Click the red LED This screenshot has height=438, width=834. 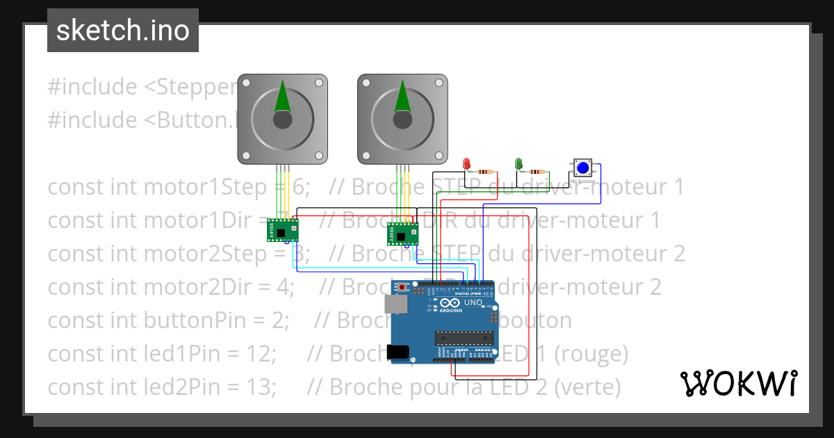[x=467, y=163]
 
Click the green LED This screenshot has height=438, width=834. [x=518, y=163]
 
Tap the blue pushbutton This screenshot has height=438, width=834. [x=583, y=168]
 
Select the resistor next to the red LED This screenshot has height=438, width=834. [x=485, y=171]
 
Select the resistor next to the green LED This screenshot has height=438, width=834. [x=537, y=171]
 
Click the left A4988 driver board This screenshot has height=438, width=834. [x=283, y=229]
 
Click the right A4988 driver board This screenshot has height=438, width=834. [x=402, y=234]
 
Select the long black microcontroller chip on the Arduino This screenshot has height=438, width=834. [x=464, y=339]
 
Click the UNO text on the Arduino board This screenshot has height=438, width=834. [x=473, y=303]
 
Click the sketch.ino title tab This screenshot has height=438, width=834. [x=123, y=31]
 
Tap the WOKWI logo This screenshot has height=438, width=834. [x=738, y=383]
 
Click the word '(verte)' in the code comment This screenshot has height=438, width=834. [x=587, y=387]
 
